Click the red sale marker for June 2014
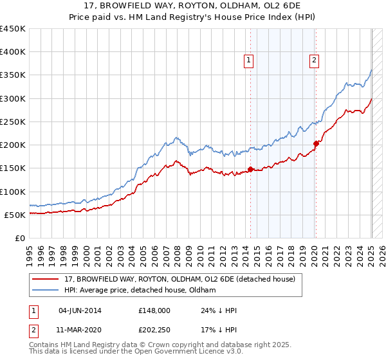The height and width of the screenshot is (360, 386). click(250, 169)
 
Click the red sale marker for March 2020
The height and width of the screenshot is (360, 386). click(316, 144)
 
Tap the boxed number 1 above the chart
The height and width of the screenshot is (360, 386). click(248, 61)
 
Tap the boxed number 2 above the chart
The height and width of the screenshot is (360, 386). click(314, 61)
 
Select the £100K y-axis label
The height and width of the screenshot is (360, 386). click(13, 192)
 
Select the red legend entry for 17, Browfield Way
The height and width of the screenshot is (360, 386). click(179, 279)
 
